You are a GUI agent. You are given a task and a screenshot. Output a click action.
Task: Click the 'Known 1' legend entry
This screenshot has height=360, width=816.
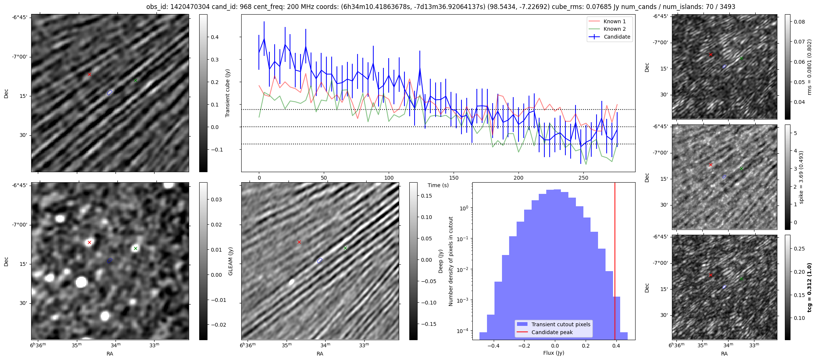coord(614,21)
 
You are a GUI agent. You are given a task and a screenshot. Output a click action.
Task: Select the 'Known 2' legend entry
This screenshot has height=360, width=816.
coord(614,29)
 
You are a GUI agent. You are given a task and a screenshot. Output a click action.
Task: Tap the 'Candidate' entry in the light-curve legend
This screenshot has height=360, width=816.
coord(617,37)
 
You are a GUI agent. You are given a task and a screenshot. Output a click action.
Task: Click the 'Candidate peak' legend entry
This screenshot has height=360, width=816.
coord(552,332)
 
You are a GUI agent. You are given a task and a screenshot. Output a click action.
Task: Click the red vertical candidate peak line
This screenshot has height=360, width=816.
coord(615,262)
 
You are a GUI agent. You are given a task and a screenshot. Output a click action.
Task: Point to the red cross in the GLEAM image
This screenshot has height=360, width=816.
coord(89,242)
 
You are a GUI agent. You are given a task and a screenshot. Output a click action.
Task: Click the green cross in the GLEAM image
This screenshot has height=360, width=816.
coord(135,248)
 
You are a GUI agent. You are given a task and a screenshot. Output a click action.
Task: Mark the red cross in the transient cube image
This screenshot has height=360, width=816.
coord(89,74)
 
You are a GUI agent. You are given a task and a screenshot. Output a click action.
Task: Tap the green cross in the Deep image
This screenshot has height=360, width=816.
coord(345,248)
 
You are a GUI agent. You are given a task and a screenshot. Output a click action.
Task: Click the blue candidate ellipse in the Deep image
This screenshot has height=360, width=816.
coord(320,261)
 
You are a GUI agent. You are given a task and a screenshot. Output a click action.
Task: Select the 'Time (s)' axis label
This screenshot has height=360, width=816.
coord(438,185)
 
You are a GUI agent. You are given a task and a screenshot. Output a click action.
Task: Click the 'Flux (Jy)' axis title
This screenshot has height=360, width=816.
coord(553,353)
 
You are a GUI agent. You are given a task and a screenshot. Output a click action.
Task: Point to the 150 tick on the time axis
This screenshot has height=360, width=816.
coord(454,178)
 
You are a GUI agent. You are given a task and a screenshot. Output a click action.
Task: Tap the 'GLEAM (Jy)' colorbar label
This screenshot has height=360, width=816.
coord(230,261)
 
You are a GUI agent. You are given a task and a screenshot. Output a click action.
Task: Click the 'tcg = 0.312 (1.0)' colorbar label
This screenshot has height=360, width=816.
coord(810,287)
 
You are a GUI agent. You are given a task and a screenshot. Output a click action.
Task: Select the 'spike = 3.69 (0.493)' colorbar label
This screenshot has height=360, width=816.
coord(801,177)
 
